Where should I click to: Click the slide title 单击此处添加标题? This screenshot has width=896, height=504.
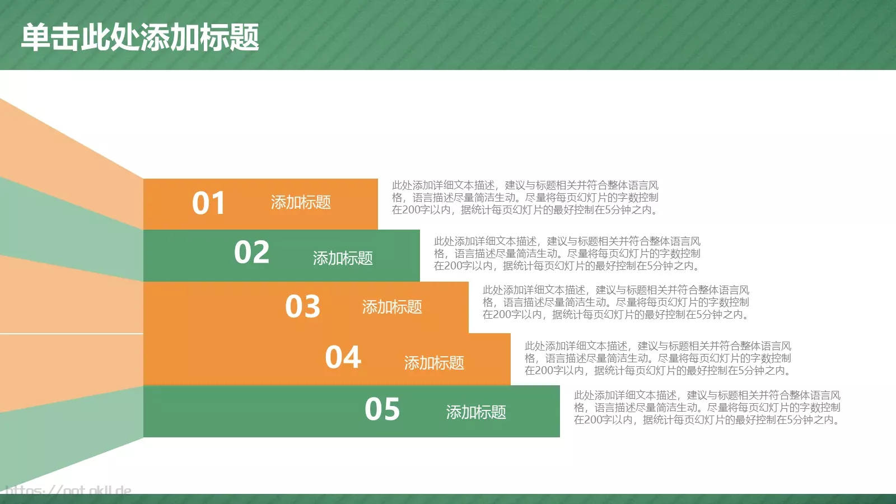click(140, 38)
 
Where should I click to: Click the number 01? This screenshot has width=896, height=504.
click(208, 203)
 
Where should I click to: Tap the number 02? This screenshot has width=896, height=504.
click(251, 253)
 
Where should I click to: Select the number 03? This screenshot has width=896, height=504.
click(302, 307)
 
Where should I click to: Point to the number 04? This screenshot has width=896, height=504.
click(343, 357)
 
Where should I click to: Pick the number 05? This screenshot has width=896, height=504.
click(382, 409)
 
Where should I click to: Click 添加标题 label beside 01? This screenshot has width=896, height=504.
click(301, 202)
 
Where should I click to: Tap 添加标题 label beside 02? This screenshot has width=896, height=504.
click(343, 258)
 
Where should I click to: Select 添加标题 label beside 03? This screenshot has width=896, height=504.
click(392, 307)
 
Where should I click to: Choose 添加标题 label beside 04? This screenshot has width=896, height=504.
click(434, 363)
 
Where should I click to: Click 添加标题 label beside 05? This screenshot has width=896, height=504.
click(476, 412)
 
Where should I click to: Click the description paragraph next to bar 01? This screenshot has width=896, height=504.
click(525, 198)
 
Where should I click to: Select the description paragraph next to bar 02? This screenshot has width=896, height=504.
click(567, 254)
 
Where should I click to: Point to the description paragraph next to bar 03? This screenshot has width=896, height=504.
click(615, 302)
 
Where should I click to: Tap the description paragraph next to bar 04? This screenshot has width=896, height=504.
click(657, 358)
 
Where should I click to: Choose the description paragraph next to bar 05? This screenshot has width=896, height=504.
click(707, 408)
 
